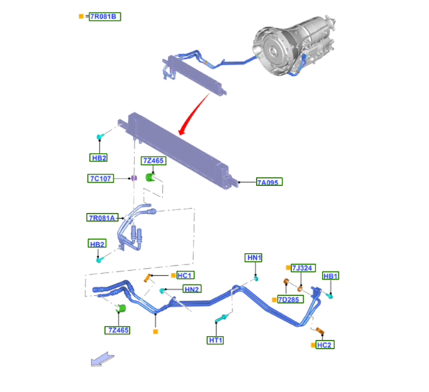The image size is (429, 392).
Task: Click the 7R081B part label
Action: point(103,16)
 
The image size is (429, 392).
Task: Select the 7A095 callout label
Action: point(269,182)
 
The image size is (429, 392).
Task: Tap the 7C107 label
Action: point(100,178)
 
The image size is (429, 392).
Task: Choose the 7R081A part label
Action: point(101,217)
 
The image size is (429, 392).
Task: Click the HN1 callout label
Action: point(253,258)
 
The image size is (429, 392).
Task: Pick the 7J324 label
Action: point(303,268)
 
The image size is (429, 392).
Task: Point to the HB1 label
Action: point(330,276)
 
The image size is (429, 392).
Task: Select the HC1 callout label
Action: point(184,275)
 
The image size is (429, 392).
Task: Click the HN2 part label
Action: point(192,289)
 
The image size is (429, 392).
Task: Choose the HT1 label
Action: point(216,340)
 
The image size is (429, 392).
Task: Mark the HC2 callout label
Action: point(325,345)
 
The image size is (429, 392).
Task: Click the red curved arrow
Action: point(194,112)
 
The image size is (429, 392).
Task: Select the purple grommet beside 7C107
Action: point(133,180)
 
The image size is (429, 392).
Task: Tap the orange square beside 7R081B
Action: point(81,16)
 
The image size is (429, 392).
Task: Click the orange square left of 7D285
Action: point(274,300)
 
